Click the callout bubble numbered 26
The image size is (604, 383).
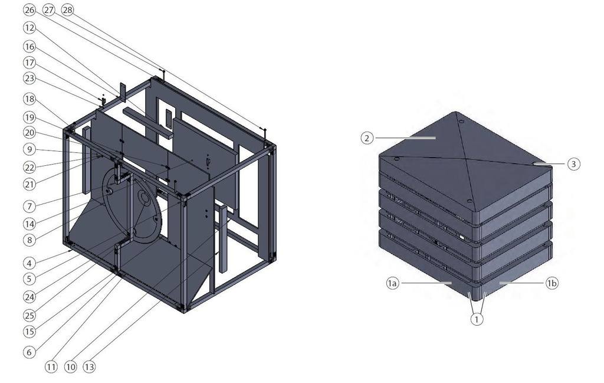tap(29, 10)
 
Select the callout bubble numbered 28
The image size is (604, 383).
tap(67, 10)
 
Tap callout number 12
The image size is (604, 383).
tap(29, 28)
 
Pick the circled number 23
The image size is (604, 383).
tap(29, 78)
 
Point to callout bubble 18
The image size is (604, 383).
tap(29, 99)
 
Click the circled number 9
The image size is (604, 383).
tap(29, 149)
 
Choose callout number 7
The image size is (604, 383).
tap(29, 207)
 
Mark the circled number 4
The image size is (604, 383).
tap(29, 264)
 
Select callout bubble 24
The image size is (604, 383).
tap(29, 297)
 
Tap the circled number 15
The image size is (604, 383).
tap(29, 332)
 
